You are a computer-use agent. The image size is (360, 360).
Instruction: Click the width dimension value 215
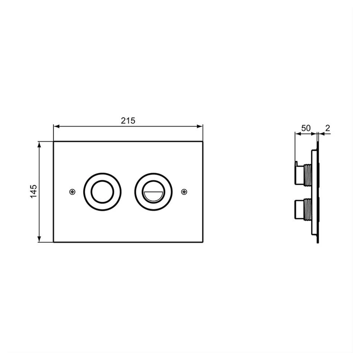coord(128,120)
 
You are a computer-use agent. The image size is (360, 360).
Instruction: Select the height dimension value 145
coord(34,191)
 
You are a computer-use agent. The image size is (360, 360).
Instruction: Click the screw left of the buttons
coord(72,191)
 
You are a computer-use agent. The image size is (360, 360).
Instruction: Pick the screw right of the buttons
coord(184,191)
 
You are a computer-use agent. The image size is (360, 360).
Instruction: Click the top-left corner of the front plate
coord(54,141)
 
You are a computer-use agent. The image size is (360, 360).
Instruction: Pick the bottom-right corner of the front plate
coord(203,242)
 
